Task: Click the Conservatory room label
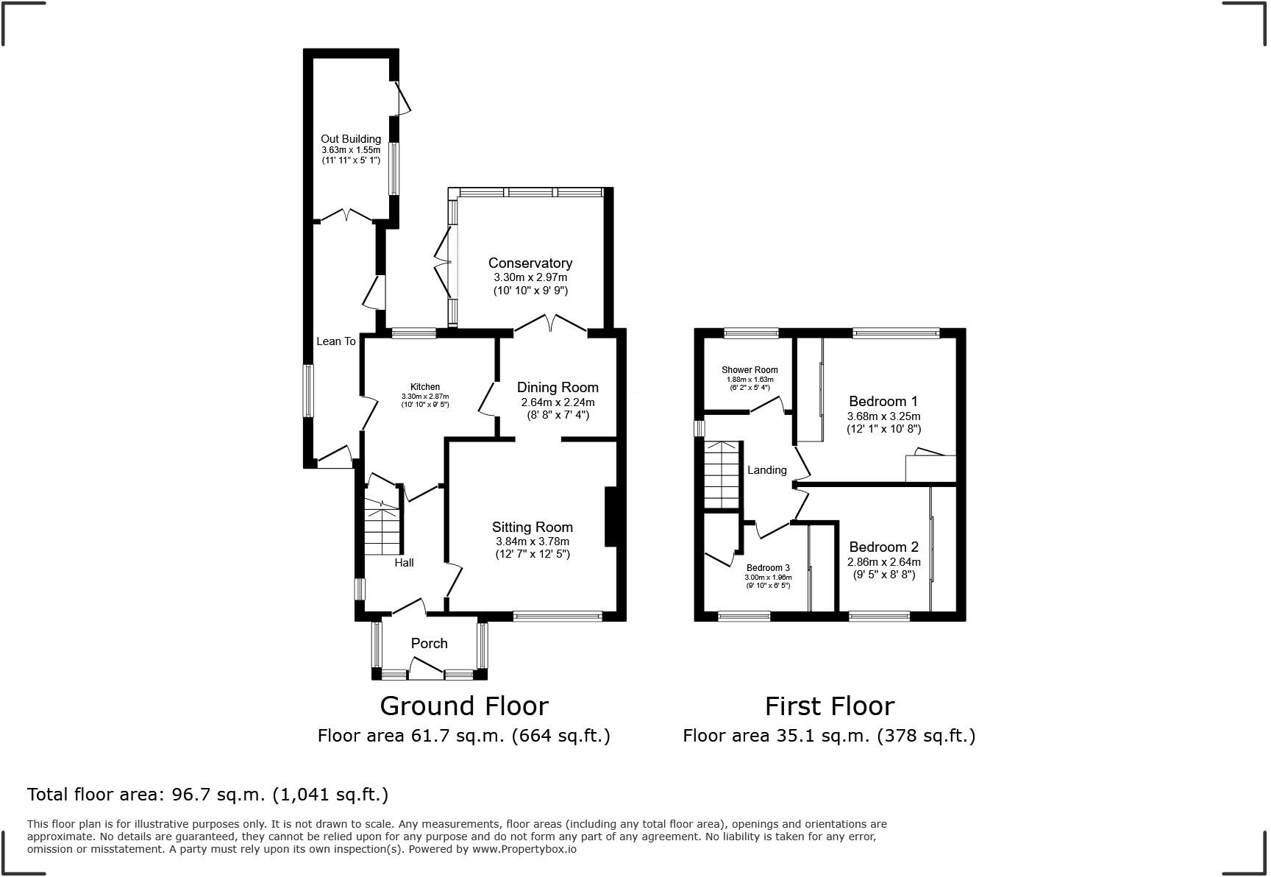tap(530, 263)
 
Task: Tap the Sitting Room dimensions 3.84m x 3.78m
tap(532, 542)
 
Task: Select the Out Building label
tap(351, 139)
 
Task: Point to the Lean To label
tap(336, 341)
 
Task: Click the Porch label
tap(429, 644)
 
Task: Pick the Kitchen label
tap(425, 387)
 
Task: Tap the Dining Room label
tap(558, 388)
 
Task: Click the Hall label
tap(404, 563)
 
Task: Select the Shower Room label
tap(750, 370)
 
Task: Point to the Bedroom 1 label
tap(883, 402)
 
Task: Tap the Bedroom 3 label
tap(768, 568)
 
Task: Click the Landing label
tap(766, 470)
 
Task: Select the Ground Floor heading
tap(464, 706)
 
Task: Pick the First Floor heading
tap(829, 706)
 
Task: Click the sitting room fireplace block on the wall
tap(610, 516)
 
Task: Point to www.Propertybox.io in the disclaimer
tap(524, 849)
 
